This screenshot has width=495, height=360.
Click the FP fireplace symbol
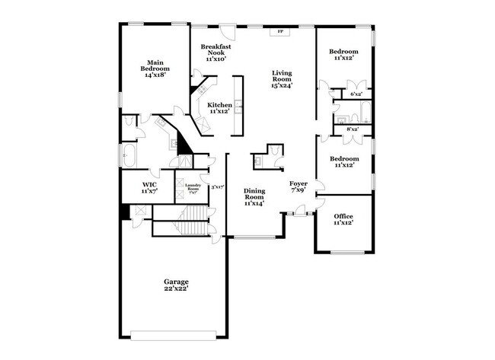point(279,32)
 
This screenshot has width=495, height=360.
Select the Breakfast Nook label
point(216,53)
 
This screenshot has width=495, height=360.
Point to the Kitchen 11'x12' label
point(220,107)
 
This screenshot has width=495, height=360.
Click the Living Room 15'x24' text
point(282,79)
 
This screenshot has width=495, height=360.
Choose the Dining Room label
point(254,197)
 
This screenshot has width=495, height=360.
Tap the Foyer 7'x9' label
point(298,186)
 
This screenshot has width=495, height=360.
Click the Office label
point(343,220)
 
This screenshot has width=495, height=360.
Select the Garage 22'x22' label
point(175,285)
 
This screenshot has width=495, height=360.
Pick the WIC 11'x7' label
point(149,187)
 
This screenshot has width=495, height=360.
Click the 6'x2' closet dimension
point(356,94)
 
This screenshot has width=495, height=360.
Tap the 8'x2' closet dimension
point(353,129)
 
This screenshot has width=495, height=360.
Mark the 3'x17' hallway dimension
point(217,187)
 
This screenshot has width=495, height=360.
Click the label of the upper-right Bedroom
point(343,56)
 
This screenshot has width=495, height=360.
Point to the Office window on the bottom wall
point(343,252)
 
